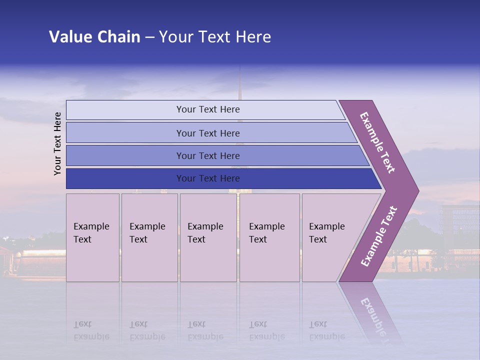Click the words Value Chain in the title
[94, 37]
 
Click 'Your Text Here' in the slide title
[215, 37]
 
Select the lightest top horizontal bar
[207, 109]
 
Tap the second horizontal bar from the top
[207, 133]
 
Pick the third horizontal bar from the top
[207, 155]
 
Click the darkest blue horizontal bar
[207, 178]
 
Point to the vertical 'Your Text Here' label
[57, 144]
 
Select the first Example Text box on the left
[92, 237]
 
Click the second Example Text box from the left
[149, 237]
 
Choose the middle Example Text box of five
[207, 237]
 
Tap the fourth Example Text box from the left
[269, 237]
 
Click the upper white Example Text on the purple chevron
[377, 142]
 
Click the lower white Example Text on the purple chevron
[379, 236]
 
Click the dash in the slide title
[149, 37]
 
